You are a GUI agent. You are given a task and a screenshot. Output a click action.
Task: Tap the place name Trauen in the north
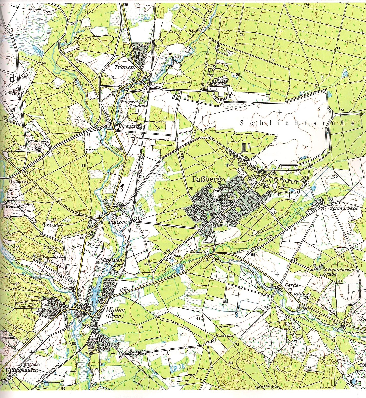[x=124, y=67]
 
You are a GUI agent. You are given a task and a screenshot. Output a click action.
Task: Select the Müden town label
[x=115, y=310]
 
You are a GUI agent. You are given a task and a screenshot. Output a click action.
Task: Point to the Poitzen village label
[x=118, y=222]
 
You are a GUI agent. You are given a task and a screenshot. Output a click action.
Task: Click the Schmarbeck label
[x=344, y=208]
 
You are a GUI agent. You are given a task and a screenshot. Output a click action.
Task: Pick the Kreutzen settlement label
[x=130, y=126]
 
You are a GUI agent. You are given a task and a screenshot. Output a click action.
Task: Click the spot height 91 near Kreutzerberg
[x=39, y=150]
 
